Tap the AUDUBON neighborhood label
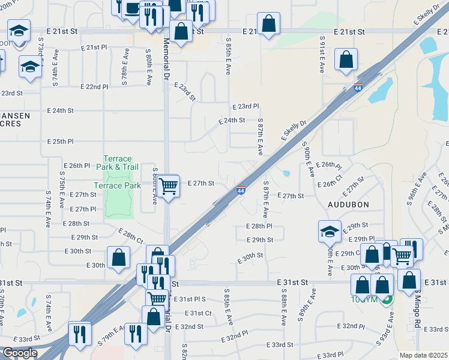[x=348, y=205]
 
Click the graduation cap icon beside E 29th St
[x=330, y=231]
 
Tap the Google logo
[x=19, y=353]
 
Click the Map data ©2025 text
[x=423, y=355]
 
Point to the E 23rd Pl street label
[x=246, y=106]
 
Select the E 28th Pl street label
[x=259, y=227]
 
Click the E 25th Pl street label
[x=60, y=142]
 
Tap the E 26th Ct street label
[x=330, y=184]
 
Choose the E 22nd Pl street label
[x=96, y=87]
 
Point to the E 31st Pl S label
[x=191, y=299]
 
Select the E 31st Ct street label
[x=199, y=313]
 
